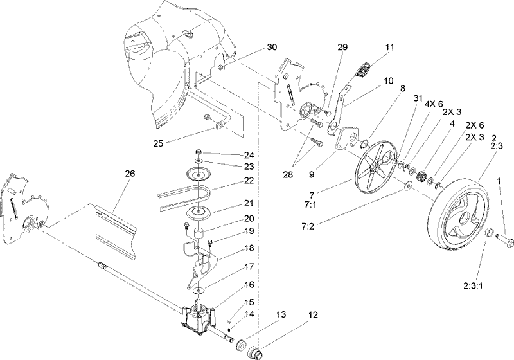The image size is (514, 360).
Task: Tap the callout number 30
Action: point(272,48)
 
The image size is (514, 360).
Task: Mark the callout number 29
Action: point(342,48)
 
